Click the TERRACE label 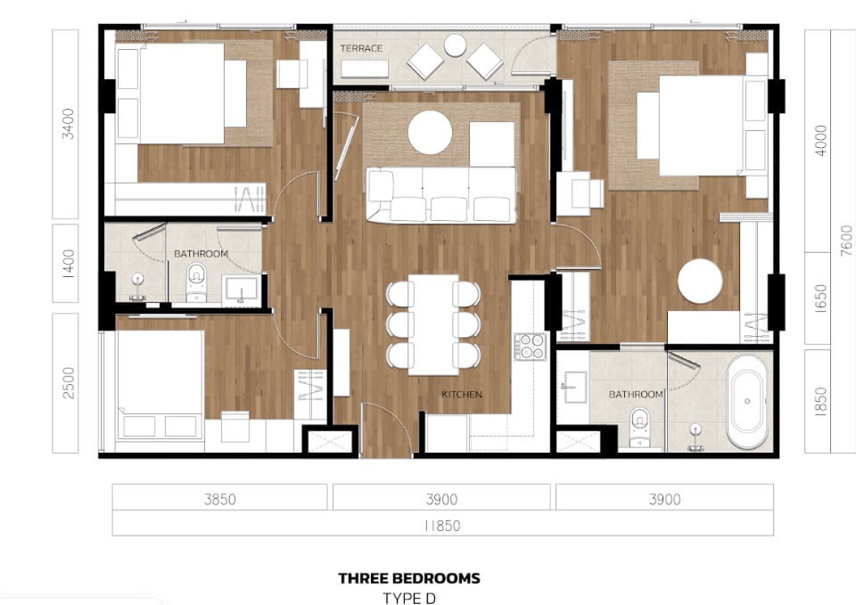(x=361, y=48)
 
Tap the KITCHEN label (x=462, y=394)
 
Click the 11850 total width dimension (x=442, y=526)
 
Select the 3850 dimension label (x=220, y=499)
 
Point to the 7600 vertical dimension (x=846, y=241)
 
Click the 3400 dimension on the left (x=68, y=124)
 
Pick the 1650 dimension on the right (x=820, y=298)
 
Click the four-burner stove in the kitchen (x=530, y=347)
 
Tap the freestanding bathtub (x=747, y=402)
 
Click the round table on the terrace (x=455, y=45)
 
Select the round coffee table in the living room (x=430, y=133)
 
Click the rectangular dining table (x=433, y=325)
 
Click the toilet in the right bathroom (x=639, y=428)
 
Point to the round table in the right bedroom (x=701, y=281)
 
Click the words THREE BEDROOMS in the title (x=409, y=578)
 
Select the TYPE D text (x=409, y=598)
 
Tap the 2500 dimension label (x=68, y=383)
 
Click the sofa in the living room (x=441, y=195)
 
